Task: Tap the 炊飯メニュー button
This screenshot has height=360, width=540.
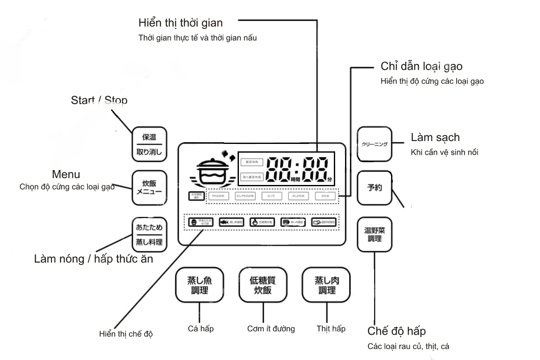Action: (149, 187)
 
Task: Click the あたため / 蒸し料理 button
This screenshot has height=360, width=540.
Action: (149, 234)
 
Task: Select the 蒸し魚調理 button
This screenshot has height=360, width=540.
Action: (199, 285)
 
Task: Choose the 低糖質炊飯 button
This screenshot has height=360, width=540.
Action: (263, 285)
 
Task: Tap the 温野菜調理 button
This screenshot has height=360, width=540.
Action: (375, 234)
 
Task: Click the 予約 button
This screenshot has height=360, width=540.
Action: (375, 187)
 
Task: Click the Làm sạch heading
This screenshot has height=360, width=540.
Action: (435, 138)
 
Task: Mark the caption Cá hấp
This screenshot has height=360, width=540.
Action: (201, 329)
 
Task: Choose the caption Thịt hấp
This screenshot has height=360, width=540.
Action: (331, 329)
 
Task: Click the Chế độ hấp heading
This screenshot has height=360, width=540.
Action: (397, 332)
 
